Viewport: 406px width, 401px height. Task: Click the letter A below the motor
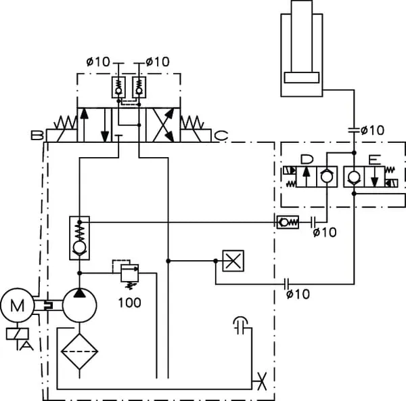26,345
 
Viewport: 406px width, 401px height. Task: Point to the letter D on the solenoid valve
307,160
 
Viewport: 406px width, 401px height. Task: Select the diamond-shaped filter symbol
78,350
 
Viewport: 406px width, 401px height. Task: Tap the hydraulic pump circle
80,305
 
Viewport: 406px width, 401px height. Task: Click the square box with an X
232,261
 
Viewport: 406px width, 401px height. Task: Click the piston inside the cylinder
303,77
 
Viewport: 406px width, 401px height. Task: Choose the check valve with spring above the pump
80,238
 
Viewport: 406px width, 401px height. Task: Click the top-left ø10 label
98,62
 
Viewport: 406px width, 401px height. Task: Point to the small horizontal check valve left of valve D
286,221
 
